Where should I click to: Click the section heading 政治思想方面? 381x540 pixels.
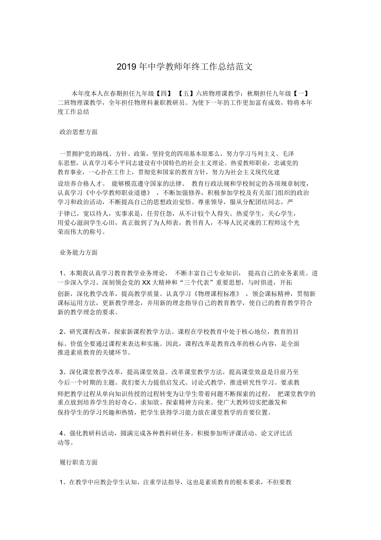[x=79, y=132]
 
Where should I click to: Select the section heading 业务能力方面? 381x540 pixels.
[x=79, y=252]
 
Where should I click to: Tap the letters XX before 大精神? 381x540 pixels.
[x=146, y=283]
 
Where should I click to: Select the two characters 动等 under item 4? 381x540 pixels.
[x=63, y=442]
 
